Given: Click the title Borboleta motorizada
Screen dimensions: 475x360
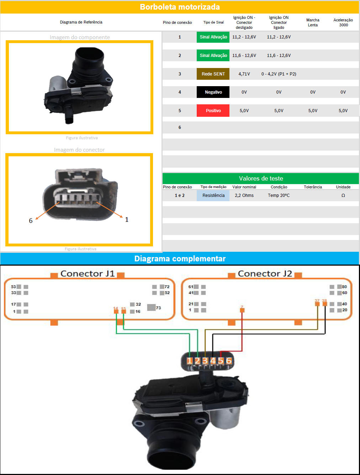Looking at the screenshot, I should [180, 7].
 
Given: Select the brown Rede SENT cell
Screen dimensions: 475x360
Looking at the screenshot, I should [213, 74].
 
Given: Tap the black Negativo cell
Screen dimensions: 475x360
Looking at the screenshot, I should [213, 92].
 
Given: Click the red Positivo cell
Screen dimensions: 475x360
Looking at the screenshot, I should [213, 111].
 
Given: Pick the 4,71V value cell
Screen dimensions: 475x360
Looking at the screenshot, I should [244, 74].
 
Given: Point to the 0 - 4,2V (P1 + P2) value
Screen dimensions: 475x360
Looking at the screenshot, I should [279, 74].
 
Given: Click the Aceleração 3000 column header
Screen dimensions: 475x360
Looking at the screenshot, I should [343, 22].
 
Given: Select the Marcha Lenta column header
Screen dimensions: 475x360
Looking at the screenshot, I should [313, 22].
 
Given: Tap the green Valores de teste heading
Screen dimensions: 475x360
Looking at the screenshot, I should [261, 178].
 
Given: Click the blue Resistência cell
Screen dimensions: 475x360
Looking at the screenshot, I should [213, 195].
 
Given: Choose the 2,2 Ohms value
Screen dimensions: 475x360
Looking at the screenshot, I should [244, 195].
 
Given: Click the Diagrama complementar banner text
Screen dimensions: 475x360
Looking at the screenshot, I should [180, 259].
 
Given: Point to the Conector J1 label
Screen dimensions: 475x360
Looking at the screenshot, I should [88, 273].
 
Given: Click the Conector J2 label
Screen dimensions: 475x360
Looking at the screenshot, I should [265, 273].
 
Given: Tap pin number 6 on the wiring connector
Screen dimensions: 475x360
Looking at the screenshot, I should [229, 361].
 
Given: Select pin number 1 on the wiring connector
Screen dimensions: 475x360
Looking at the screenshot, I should [189, 361].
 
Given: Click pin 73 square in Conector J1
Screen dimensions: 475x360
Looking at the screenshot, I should [152, 307].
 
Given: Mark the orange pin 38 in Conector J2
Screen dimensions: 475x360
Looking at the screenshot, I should [324, 304].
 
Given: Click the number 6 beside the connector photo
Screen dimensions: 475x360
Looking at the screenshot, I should [31, 221].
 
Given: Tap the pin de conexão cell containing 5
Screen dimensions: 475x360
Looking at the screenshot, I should [180, 111].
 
